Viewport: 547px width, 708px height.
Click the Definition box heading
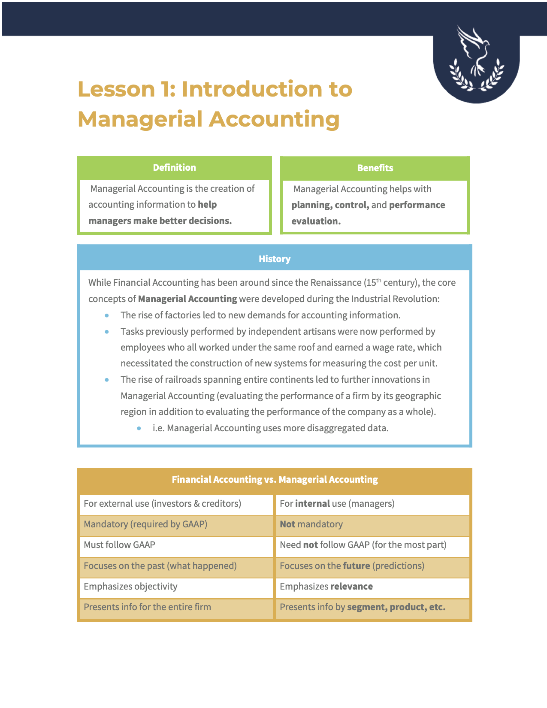pos(174,168)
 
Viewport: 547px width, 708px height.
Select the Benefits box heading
pos(375,168)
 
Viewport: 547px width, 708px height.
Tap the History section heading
pos(275,259)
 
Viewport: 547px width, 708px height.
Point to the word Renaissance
pos(336,283)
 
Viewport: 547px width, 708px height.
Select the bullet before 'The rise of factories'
pos(107,316)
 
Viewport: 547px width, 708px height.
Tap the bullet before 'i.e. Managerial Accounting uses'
pos(139,429)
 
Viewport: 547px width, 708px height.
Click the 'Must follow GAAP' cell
pos(176,545)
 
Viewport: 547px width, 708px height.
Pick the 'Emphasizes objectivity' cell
pos(176,587)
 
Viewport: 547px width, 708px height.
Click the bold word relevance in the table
pos(351,587)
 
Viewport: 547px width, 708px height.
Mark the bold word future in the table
pos(357,566)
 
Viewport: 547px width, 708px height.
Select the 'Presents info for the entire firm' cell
pos(176,607)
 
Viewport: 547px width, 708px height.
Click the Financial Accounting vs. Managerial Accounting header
pos(275,480)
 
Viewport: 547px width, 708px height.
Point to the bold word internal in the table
pos(312,504)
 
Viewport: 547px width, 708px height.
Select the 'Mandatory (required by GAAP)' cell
pos(176,524)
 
